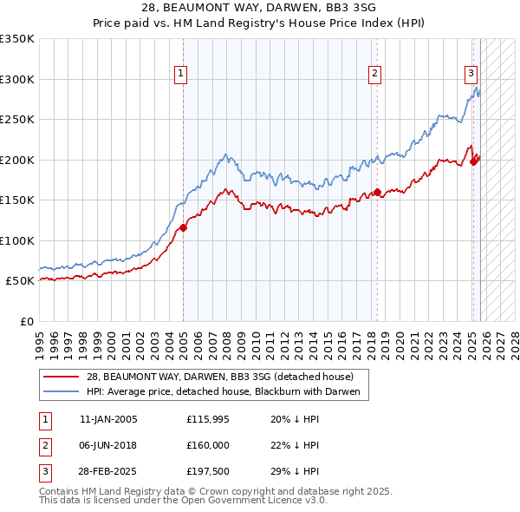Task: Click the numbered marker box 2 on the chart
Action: [375, 75]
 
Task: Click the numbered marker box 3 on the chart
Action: [471, 75]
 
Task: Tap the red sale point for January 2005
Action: [183, 228]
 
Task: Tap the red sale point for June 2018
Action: [377, 193]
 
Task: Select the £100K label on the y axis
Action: [17, 240]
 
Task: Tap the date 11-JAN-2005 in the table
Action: [108, 418]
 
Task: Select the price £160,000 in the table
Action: [207, 445]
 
